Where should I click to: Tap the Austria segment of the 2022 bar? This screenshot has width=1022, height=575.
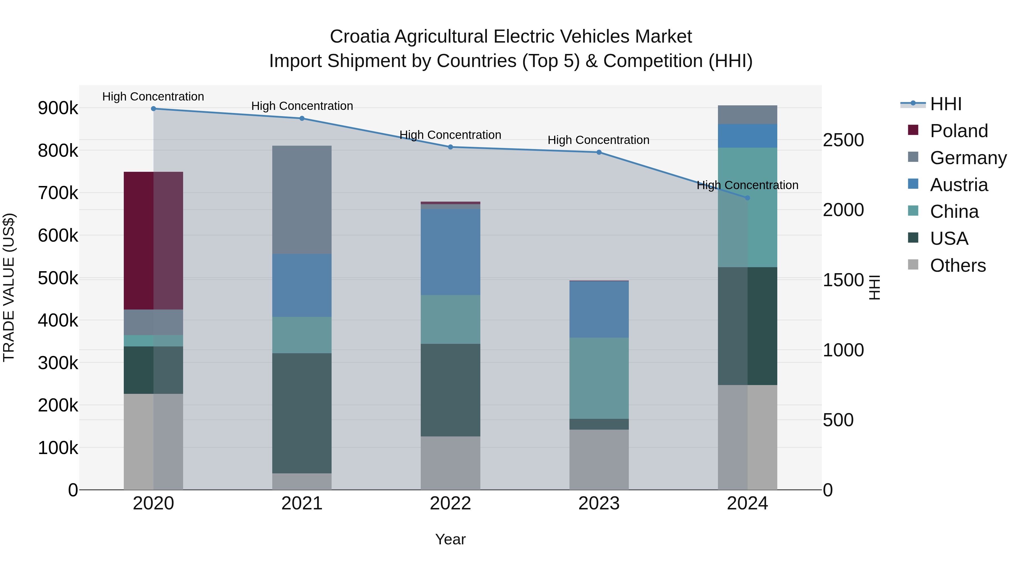[x=450, y=252]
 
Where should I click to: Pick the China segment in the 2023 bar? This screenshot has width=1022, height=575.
[x=599, y=378]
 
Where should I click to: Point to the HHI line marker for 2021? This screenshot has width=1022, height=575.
[x=302, y=118]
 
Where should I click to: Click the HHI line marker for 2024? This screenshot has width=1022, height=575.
[x=747, y=198]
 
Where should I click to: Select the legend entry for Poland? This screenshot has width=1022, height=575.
[x=958, y=131]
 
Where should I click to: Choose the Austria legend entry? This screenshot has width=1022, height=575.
[x=958, y=185]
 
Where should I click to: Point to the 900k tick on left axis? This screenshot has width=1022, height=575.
[x=58, y=108]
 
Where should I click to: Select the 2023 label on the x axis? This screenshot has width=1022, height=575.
[x=599, y=503]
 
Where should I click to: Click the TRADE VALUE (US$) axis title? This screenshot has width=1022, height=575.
[x=9, y=287]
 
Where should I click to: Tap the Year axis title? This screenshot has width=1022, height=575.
[x=450, y=539]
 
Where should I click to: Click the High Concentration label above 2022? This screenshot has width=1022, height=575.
[x=450, y=135]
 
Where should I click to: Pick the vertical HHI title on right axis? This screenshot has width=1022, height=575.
[x=874, y=287]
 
